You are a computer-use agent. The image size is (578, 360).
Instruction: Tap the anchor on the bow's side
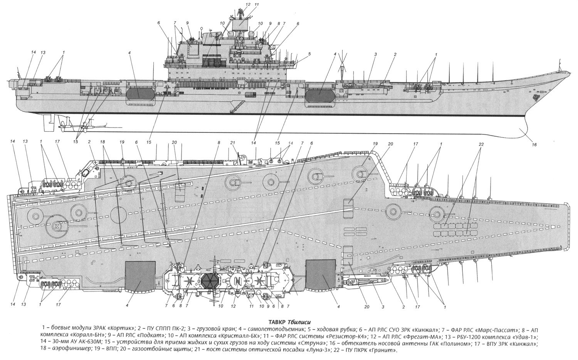pos(535,98)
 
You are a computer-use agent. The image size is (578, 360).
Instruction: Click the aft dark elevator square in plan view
pos(141,276)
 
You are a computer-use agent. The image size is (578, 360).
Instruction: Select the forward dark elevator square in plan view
pos(320,276)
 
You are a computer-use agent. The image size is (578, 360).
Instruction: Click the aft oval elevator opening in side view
pos(139,93)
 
